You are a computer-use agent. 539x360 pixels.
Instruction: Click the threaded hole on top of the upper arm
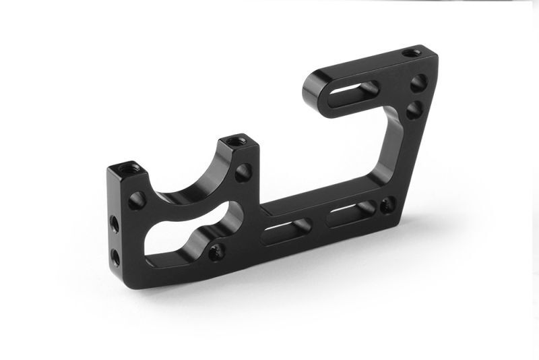(x=410, y=53)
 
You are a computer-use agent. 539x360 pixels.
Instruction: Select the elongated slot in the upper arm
(x=357, y=90)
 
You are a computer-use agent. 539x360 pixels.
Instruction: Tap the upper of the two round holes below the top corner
(x=418, y=83)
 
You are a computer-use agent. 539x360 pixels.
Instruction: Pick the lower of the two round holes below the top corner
(x=414, y=109)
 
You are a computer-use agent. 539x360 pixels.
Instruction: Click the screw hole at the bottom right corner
(x=387, y=204)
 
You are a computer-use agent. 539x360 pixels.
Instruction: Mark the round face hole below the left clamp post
(x=137, y=200)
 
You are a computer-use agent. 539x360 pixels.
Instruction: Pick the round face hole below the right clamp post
(x=243, y=172)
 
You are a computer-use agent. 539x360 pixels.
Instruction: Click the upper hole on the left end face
(x=115, y=224)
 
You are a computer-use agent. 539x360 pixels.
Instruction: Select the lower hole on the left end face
(x=115, y=256)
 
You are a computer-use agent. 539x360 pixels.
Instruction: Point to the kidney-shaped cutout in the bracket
(x=179, y=236)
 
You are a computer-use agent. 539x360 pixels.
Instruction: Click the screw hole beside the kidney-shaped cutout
(x=216, y=253)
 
